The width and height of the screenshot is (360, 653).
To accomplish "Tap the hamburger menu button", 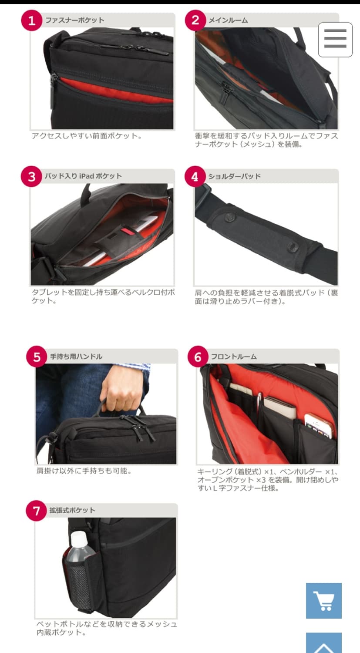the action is (335, 40).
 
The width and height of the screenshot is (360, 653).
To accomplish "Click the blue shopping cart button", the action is (323, 600).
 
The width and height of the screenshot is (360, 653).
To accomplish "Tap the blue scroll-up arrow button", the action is (323, 643).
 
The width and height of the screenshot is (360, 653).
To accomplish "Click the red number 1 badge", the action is (31, 20).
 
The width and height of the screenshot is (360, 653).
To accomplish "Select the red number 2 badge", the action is (195, 20).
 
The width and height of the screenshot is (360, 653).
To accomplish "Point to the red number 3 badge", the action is (31, 177).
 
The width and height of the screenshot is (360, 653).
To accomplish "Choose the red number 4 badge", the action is (195, 177).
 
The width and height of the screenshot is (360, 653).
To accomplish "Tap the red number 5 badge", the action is (37, 357).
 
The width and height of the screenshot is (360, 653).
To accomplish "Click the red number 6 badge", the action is (198, 357).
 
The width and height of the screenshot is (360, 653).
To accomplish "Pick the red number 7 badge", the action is (36, 511).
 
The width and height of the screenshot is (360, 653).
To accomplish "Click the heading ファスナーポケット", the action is (74, 20).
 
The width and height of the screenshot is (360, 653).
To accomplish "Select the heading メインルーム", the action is (228, 20).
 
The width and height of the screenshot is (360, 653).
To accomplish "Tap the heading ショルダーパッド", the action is (234, 176).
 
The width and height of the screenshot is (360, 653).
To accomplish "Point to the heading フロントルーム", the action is (234, 357).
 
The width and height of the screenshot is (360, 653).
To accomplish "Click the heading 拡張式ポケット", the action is (72, 510).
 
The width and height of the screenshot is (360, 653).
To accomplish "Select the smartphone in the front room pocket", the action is (319, 426).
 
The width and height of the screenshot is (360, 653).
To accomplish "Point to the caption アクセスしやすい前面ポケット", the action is (87, 136).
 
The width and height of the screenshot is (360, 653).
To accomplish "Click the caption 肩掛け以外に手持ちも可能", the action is (84, 471).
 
